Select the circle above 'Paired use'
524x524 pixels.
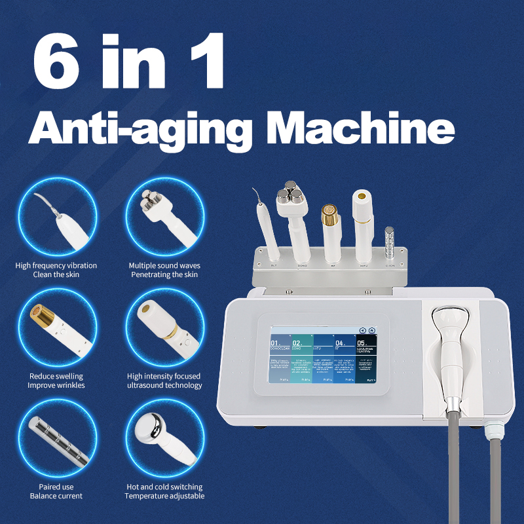click(x=57, y=440)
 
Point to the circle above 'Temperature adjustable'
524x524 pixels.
click(x=164, y=440)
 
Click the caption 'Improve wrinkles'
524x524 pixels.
click(x=56, y=385)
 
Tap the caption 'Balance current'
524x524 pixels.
click(x=56, y=496)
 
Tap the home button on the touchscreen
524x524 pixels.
click(x=371, y=331)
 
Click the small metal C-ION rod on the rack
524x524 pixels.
click(x=391, y=239)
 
